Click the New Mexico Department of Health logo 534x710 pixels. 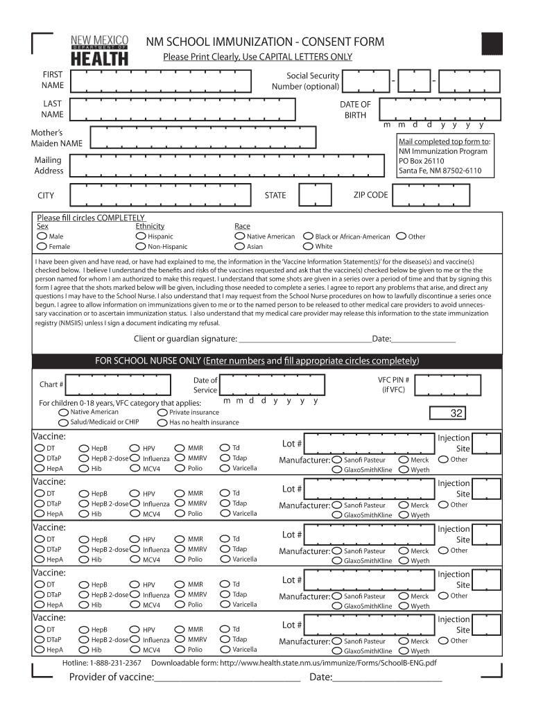100,50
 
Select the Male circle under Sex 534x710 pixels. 42,236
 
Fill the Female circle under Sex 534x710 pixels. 42,246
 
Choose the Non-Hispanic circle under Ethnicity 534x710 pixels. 141,246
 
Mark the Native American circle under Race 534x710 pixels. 240,236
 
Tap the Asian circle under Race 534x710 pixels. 240,246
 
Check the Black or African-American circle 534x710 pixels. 308,236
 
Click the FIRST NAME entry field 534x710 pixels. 166,80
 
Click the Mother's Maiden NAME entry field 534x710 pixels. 236,138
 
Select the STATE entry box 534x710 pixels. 314,195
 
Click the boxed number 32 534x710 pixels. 456,414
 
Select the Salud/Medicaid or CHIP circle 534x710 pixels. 63,422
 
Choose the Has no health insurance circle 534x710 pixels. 162,422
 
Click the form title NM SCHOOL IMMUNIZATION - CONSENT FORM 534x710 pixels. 264,42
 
